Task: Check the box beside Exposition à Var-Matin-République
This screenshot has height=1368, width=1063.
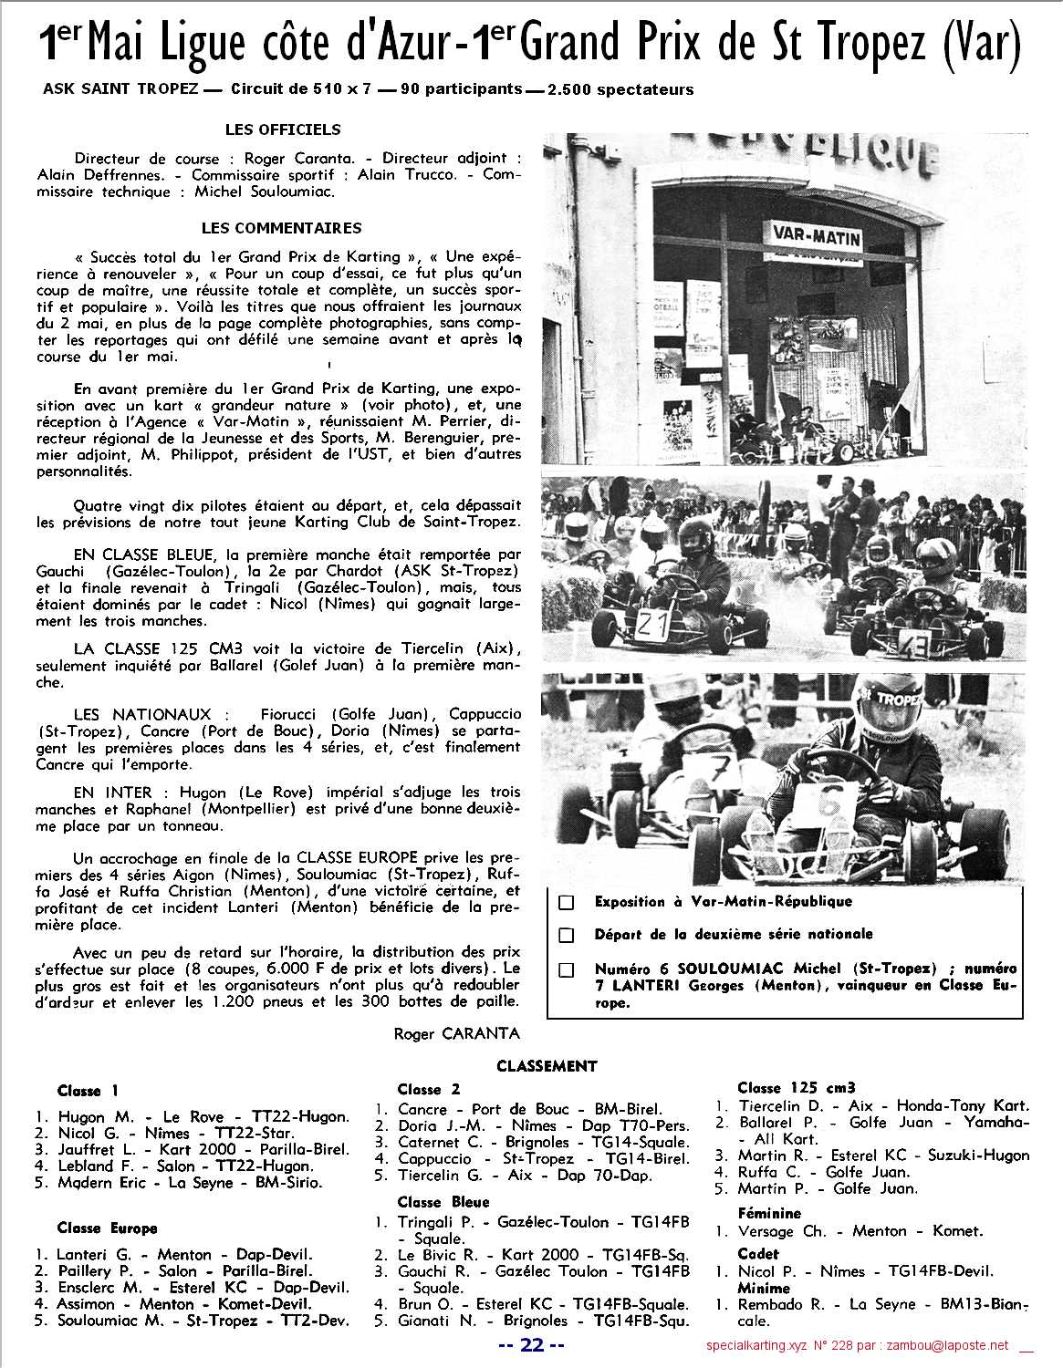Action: [567, 902]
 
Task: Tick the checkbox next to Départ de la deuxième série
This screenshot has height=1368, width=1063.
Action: [567, 935]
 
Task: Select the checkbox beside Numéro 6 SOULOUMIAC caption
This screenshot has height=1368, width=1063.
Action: [567, 969]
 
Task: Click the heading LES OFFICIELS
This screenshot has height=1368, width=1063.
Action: [282, 130]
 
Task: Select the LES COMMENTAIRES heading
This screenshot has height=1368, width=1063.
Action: [281, 228]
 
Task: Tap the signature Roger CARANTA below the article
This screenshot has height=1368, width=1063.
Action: [456, 1033]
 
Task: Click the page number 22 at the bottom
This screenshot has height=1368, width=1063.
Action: [533, 1344]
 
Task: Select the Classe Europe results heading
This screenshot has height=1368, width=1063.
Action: [107, 1228]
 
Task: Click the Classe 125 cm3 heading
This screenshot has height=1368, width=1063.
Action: [797, 1087]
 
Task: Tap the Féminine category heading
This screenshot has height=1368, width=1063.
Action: [769, 1213]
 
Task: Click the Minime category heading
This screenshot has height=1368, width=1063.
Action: [764, 1288]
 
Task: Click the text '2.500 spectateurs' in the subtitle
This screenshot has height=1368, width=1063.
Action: [620, 89]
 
